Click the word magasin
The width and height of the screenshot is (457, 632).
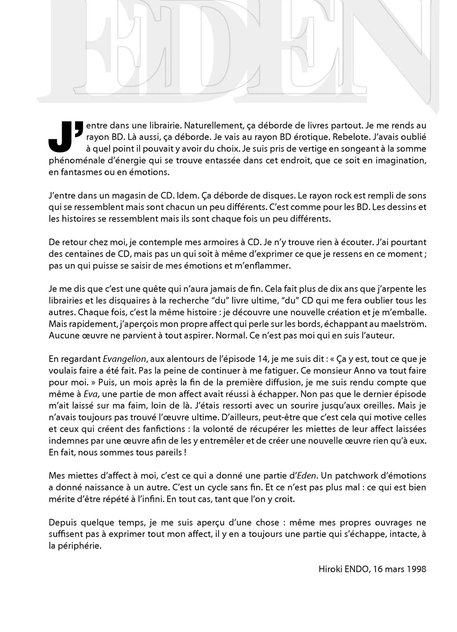tap(123, 196)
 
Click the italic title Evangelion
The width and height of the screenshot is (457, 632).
tap(124, 359)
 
